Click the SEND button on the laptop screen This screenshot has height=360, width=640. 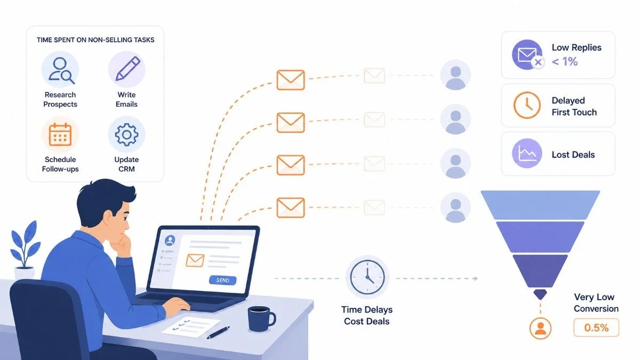coord(222,281)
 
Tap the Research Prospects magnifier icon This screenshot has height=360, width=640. coord(60,70)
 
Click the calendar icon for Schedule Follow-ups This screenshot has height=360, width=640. coord(60,134)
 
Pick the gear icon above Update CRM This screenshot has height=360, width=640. coord(126,134)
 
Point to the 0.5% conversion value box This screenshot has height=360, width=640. coord(596,327)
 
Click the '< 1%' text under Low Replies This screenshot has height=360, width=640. coord(565,62)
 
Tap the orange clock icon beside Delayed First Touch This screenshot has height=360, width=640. coord(527,105)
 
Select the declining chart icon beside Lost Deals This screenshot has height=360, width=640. coord(527,154)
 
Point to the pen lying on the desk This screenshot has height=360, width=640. coord(218,332)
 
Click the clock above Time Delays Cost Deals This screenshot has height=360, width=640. coord(367,277)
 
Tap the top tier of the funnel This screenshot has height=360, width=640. coord(540,205)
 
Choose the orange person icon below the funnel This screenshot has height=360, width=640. coord(540,329)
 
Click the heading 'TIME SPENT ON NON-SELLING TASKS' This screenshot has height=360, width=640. coord(95,40)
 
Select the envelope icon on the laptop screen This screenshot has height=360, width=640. coord(195,261)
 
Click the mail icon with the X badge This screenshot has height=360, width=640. coord(527,55)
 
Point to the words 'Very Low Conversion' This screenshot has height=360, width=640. coord(596,303)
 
